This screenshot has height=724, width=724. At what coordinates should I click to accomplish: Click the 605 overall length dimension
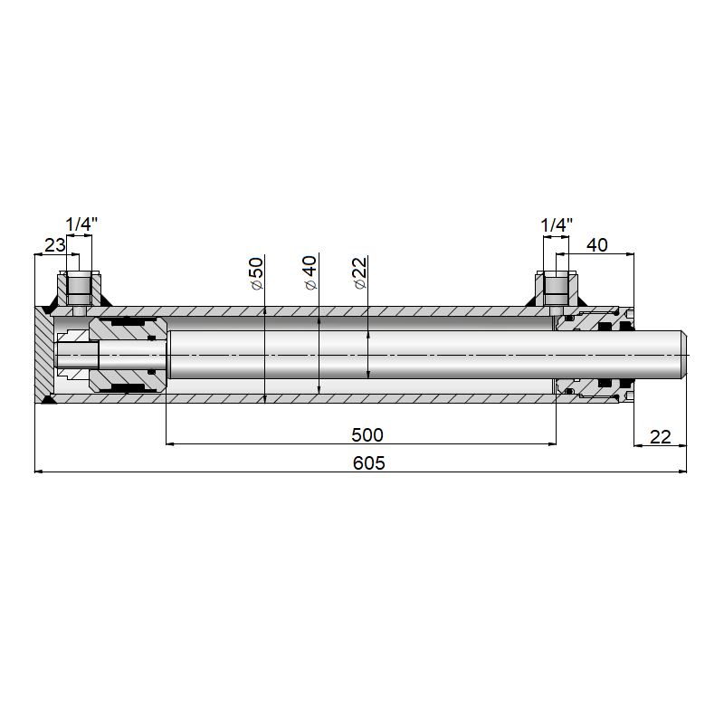[x=368, y=463]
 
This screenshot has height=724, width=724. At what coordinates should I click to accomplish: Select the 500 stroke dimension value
[x=367, y=435]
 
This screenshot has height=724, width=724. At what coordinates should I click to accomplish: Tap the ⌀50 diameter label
[x=257, y=274]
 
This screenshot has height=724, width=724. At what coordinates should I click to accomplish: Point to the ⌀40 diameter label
[x=310, y=273]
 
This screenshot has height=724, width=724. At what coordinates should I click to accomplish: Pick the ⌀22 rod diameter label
[x=359, y=273]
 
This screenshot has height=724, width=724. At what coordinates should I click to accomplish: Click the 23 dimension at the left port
[x=54, y=245]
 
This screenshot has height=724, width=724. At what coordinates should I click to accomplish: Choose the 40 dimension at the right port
[x=597, y=245]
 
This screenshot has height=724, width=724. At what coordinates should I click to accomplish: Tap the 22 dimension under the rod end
[x=661, y=437]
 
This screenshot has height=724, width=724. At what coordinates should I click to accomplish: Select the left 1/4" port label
[x=81, y=224]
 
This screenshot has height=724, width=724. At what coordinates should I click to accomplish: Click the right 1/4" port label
[x=557, y=225]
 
